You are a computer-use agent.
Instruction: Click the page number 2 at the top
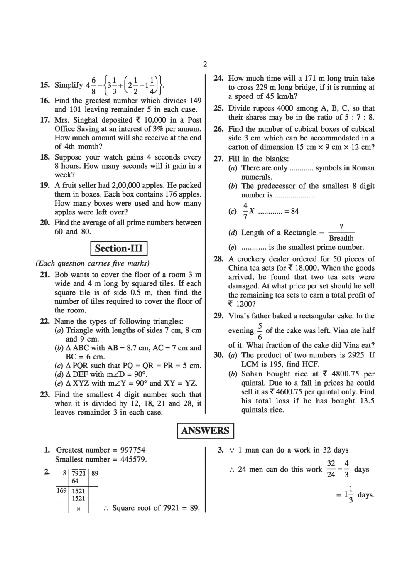point(205,64)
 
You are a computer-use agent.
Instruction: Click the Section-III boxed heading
point(119,248)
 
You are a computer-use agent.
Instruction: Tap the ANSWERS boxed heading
point(205,430)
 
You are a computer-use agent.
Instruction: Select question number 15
point(45,85)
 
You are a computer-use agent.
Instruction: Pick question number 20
point(45,223)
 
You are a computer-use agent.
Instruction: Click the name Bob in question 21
point(61,275)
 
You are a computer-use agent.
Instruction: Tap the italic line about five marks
point(93,263)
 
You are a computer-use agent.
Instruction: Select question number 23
point(45,394)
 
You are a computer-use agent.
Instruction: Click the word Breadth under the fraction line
point(341,238)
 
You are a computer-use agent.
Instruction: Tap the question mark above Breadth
point(341,226)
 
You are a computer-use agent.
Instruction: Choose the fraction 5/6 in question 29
point(260,331)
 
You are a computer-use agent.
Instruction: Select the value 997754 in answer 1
point(132,450)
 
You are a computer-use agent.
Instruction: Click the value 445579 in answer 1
point(133,459)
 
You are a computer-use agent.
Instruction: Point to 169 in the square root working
point(61,491)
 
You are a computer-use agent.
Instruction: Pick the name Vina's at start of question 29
point(239,316)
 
